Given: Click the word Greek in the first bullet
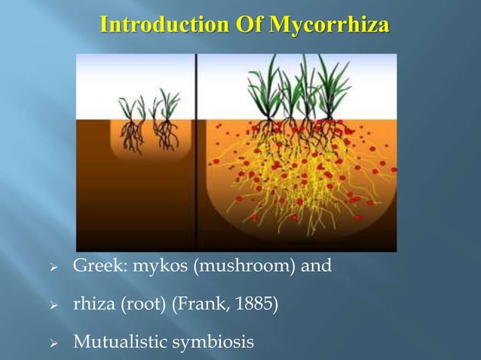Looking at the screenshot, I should tap(91, 264).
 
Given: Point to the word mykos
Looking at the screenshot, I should tap(146, 265).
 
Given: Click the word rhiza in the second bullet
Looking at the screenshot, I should tap(89, 305).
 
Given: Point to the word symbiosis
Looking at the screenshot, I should tap(213, 344).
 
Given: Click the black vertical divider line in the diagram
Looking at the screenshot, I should tap(197, 151).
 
